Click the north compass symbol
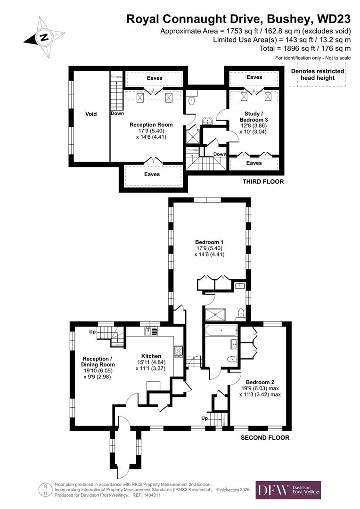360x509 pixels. pyautogui.click(x=44, y=37)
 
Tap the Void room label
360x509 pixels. pyautogui.click(x=90, y=114)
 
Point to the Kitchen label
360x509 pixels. pyautogui.click(x=152, y=356)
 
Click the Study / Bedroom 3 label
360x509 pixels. pyautogui.click(x=254, y=116)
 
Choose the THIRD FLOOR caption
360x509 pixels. pyautogui.click(x=263, y=181)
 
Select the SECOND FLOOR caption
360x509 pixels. pyautogui.click(x=265, y=437)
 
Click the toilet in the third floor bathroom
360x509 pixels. pyautogui.click(x=191, y=100)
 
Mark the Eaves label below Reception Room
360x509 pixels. pyautogui.click(x=152, y=174)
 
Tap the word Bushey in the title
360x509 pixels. pyautogui.click(x=287, y=19)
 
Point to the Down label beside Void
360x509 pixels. pyautogui.click(x=117, y=114)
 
